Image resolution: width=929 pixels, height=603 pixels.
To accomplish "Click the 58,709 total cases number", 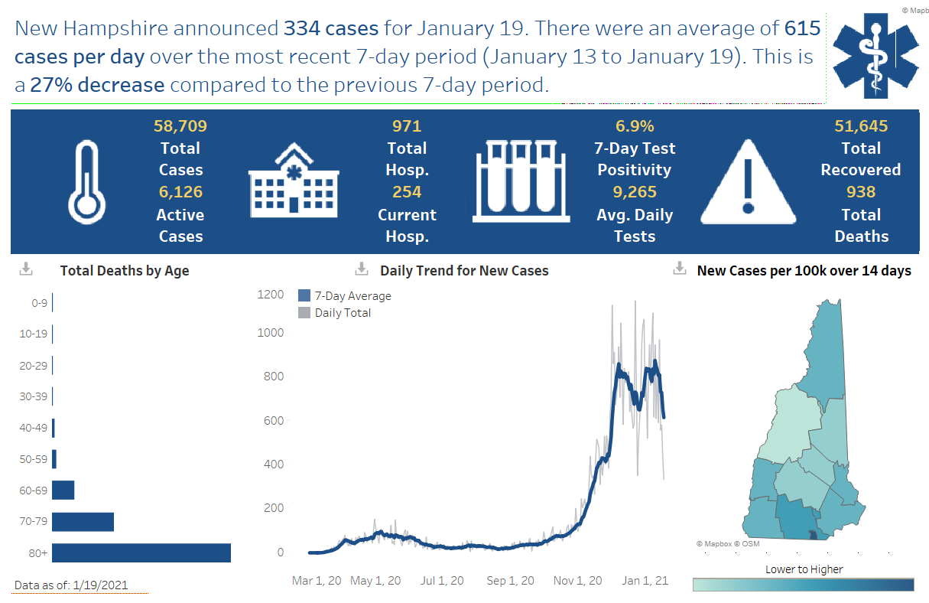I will pyautogui.click(x=180, y=126).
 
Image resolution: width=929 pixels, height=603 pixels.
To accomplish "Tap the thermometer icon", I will pyautogui.click(x=86, y=181).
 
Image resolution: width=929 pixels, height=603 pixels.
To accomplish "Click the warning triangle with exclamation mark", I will pyautogui.click(x=749, y=181).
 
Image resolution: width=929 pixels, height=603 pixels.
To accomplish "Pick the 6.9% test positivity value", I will pyautogui.click(x=635, y=126).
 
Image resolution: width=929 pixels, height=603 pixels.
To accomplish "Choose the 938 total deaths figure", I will pyautogui.click(x=861, y=192).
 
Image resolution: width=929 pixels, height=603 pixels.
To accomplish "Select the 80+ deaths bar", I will pyautogui.click(x=141, y=552).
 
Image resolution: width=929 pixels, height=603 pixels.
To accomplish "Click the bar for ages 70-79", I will pyautogui.click(x=83, y=522).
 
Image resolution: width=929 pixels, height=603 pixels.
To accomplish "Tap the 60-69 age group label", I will pyautogui.click(x=33, y=491).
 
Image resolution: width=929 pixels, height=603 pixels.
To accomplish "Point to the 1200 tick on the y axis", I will pyautogui.click(x=270, y=295).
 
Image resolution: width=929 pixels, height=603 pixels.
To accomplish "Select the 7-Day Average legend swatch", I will pyautogui.click(x=304, y=296).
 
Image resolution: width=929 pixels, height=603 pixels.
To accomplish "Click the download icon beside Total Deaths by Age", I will pyautogui.click(x=26, y=269).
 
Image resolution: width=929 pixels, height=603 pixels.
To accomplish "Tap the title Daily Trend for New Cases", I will pyautogui.click(x=464, y=271).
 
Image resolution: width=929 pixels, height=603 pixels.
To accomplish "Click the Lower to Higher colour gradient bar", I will pyautogui.click(x=803, y=585).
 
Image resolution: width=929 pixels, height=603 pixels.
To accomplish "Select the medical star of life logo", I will pyautogui.click(x=876, y=53).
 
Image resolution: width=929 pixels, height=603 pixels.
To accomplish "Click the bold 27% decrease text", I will pyautogui.click(x=97, y=85).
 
